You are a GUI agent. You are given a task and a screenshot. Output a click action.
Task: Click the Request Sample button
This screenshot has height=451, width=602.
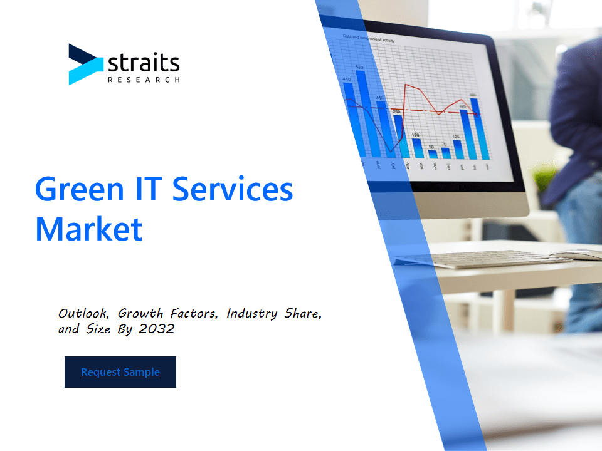[x=120, y=372]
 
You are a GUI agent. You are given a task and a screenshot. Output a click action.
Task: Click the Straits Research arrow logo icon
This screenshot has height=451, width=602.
[x=85, y=65]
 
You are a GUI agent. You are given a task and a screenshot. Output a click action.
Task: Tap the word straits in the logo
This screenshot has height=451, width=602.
[x=144, y=63]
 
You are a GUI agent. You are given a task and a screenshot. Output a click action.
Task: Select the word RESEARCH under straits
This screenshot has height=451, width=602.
[x=144, y=80]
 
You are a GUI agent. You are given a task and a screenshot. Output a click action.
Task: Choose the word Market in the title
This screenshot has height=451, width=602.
[x=88, y=229]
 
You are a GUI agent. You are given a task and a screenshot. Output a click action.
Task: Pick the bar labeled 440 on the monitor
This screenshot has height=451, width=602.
[x=349, y=119]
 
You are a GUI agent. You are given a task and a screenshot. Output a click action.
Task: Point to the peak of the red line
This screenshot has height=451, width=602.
[x=407, y=85]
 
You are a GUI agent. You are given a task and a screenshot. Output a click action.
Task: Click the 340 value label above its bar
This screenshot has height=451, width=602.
[x=380, y=98]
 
